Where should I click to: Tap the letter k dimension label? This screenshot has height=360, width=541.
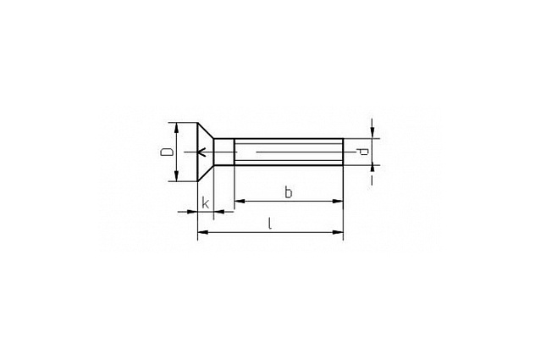coord(205,203)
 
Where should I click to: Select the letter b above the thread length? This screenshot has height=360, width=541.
coord(288,192)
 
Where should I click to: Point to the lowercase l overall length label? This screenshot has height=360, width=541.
coord(270,224)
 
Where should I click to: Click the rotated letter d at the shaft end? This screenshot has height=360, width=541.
coord(362,152)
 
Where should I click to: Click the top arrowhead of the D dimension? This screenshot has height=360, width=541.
coord(176,127)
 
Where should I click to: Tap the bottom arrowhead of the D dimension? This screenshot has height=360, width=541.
coord(176,176)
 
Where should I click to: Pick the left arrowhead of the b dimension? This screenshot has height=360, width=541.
coord(240,201)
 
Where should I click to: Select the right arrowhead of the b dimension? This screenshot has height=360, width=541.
coord(338,201)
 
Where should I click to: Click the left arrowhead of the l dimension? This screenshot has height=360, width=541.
coord(203,232)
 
